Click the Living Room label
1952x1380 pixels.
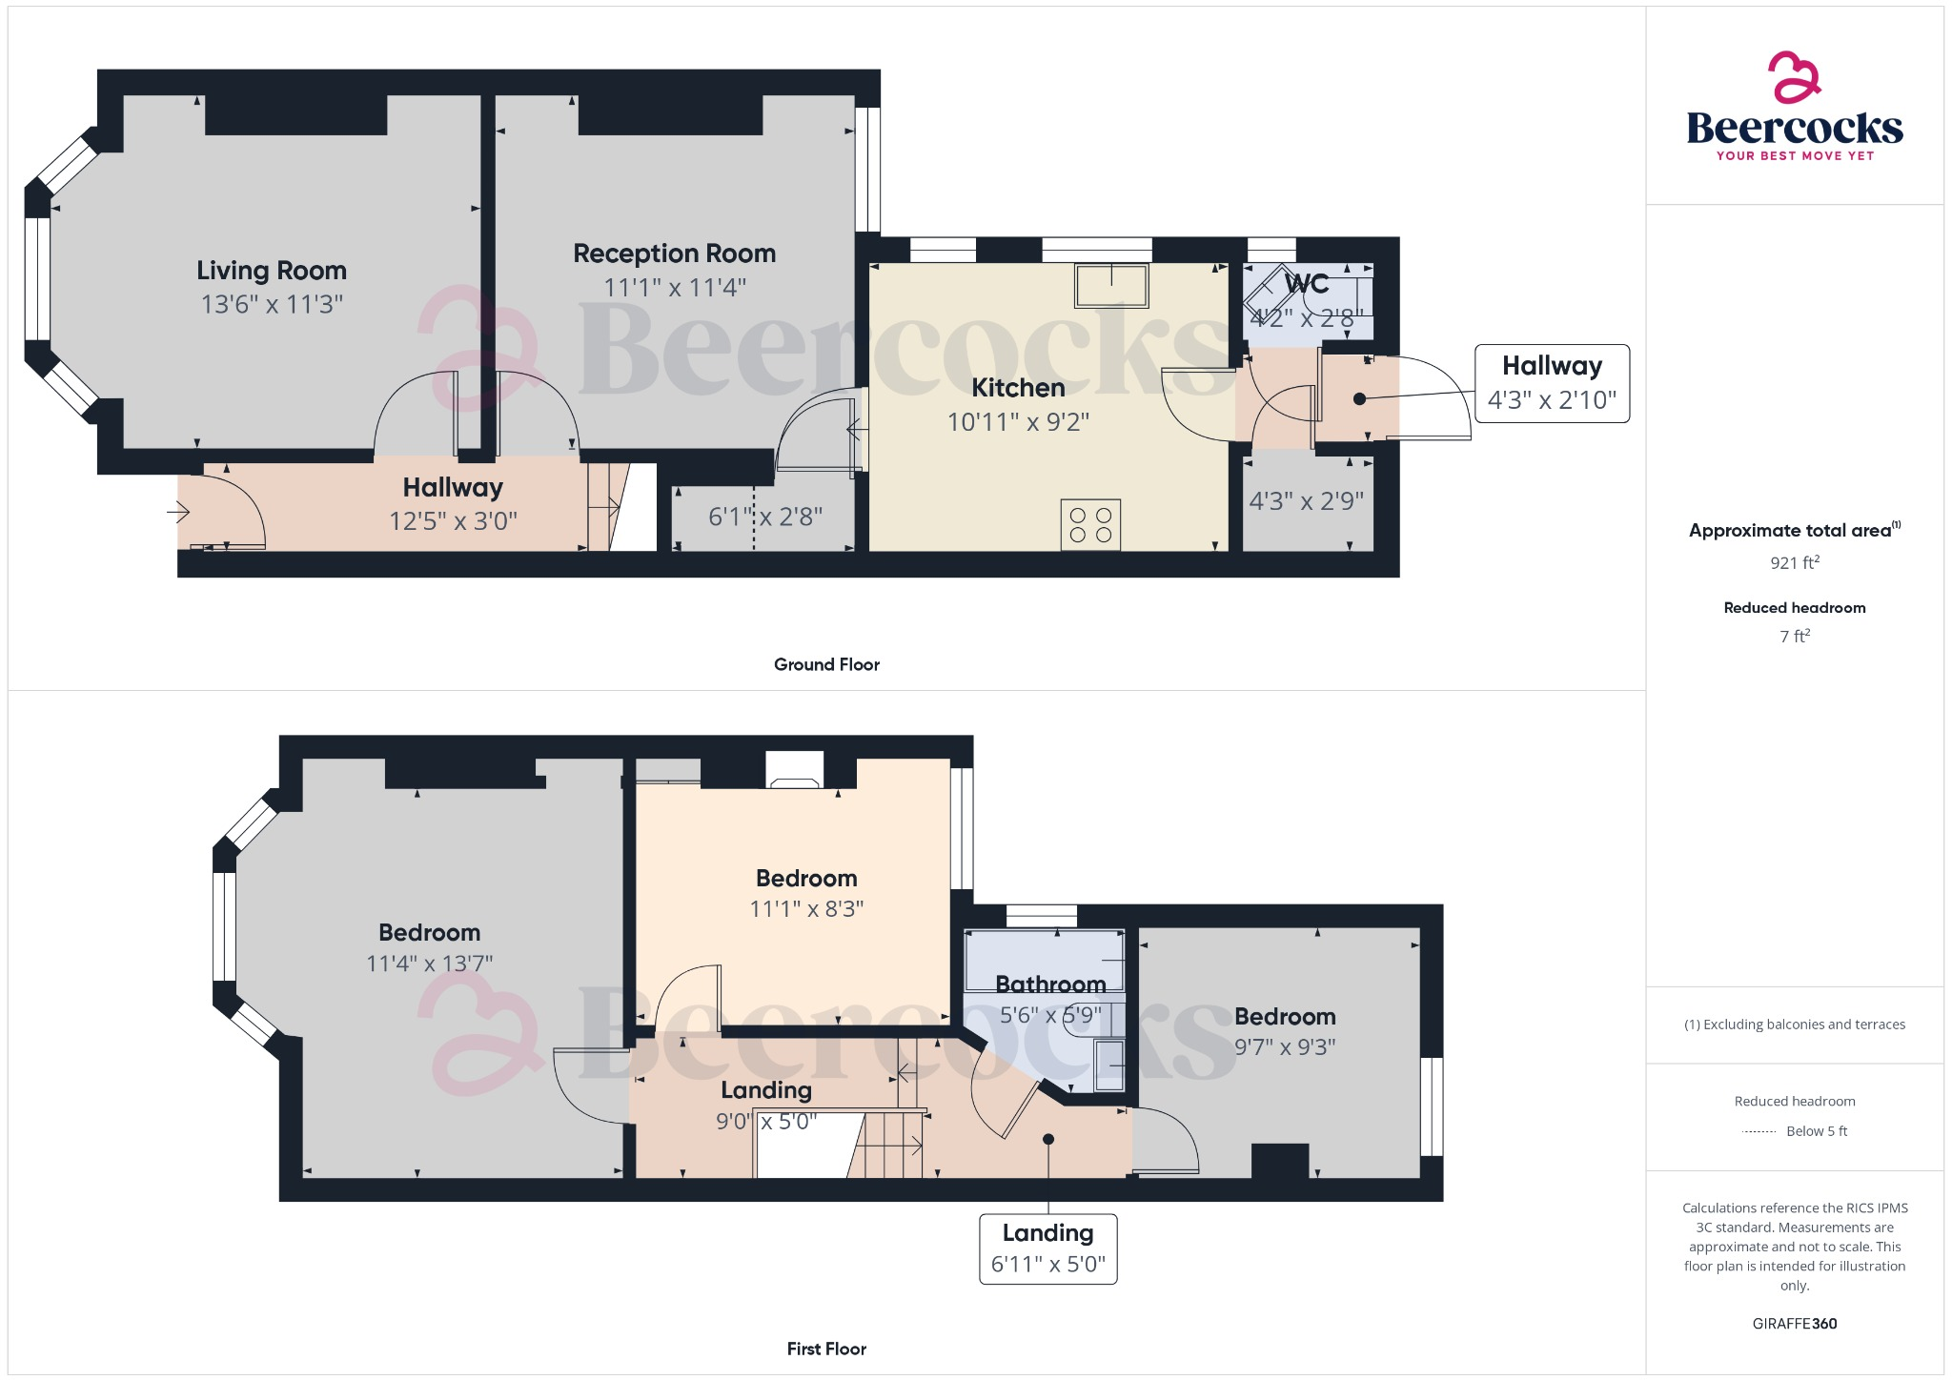272,271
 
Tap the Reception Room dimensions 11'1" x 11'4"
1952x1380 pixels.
675,287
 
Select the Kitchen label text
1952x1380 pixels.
1018,388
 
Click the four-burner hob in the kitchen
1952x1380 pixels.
1090,525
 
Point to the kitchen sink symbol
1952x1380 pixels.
1111,285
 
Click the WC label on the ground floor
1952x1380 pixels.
1307,284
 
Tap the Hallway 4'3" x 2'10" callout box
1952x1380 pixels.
1552,383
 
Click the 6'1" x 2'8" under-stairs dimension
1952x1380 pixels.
764,517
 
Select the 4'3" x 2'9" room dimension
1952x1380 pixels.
1307,501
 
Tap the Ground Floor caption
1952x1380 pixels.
826,664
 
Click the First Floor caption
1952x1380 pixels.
826,1349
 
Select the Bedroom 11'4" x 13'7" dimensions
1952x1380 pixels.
430,964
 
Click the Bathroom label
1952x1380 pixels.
1050,984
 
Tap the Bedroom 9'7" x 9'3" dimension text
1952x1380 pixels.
1285,1046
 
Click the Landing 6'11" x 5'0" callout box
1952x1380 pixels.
1047,1248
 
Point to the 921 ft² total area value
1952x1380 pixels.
1795,562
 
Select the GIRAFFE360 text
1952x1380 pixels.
1795,1323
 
